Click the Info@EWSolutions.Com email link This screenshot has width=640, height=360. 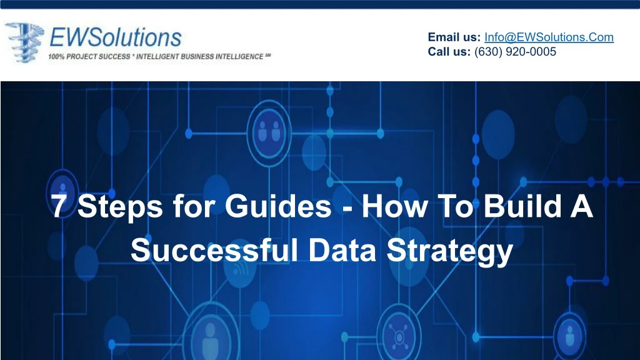point(549,37)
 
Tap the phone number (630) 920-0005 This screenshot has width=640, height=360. point(515,52)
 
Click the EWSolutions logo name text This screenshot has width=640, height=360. point(116,37)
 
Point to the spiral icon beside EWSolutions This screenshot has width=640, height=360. point(24,42)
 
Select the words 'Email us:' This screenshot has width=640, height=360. point(454,37)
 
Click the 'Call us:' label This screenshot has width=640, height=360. point(449,52)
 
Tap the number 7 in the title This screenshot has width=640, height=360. point(58,206)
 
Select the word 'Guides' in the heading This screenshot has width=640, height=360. point(278,206)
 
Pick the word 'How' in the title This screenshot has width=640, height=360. point(395,206)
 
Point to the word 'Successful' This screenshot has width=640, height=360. point(214,250)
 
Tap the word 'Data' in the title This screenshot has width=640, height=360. point(342,250)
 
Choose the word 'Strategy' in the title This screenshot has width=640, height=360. point(450,252)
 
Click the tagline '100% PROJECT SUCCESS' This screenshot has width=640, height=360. point(89,57)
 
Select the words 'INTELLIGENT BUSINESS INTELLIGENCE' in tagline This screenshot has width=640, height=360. point(199,57)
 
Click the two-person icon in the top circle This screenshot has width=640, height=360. point(269,131)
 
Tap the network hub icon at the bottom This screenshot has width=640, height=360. point(398,337)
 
